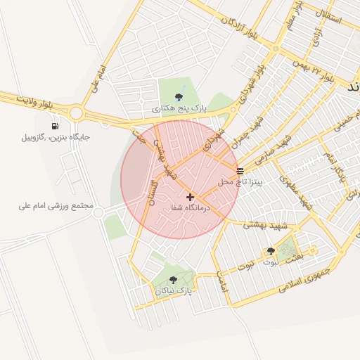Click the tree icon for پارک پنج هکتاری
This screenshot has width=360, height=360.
coord(179,97)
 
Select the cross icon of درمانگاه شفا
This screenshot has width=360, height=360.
coord(191,197)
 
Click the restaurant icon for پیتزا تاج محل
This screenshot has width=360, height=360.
coord(240,171)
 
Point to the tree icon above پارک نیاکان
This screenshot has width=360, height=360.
coord(173,279)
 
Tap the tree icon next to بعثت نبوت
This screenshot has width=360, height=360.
coord(270,251)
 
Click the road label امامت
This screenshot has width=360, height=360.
coord(223,282)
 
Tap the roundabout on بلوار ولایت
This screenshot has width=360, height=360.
coord(75,112)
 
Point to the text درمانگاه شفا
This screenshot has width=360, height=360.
coord(191,208)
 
